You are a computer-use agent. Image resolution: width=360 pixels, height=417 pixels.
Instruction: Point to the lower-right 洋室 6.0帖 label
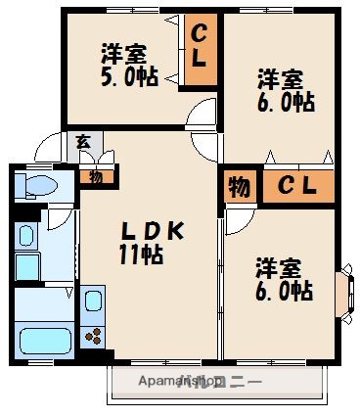pyautogui.click(x=284, y=279)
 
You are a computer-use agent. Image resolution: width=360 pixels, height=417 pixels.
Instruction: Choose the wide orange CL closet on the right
pyautogui.click(x=297, y=185)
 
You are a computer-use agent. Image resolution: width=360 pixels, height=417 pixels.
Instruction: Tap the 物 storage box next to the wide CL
pyautogui.click(x=239, y=185)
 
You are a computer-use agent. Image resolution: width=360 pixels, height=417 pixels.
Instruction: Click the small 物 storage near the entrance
pyautogui.click(x=96, y=176)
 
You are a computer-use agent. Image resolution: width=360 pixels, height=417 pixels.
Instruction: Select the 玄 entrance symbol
pyautogui.click(x=83, y=143)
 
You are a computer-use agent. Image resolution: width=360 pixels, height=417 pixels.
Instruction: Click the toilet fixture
pyautogui.click(x=38, y=187)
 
